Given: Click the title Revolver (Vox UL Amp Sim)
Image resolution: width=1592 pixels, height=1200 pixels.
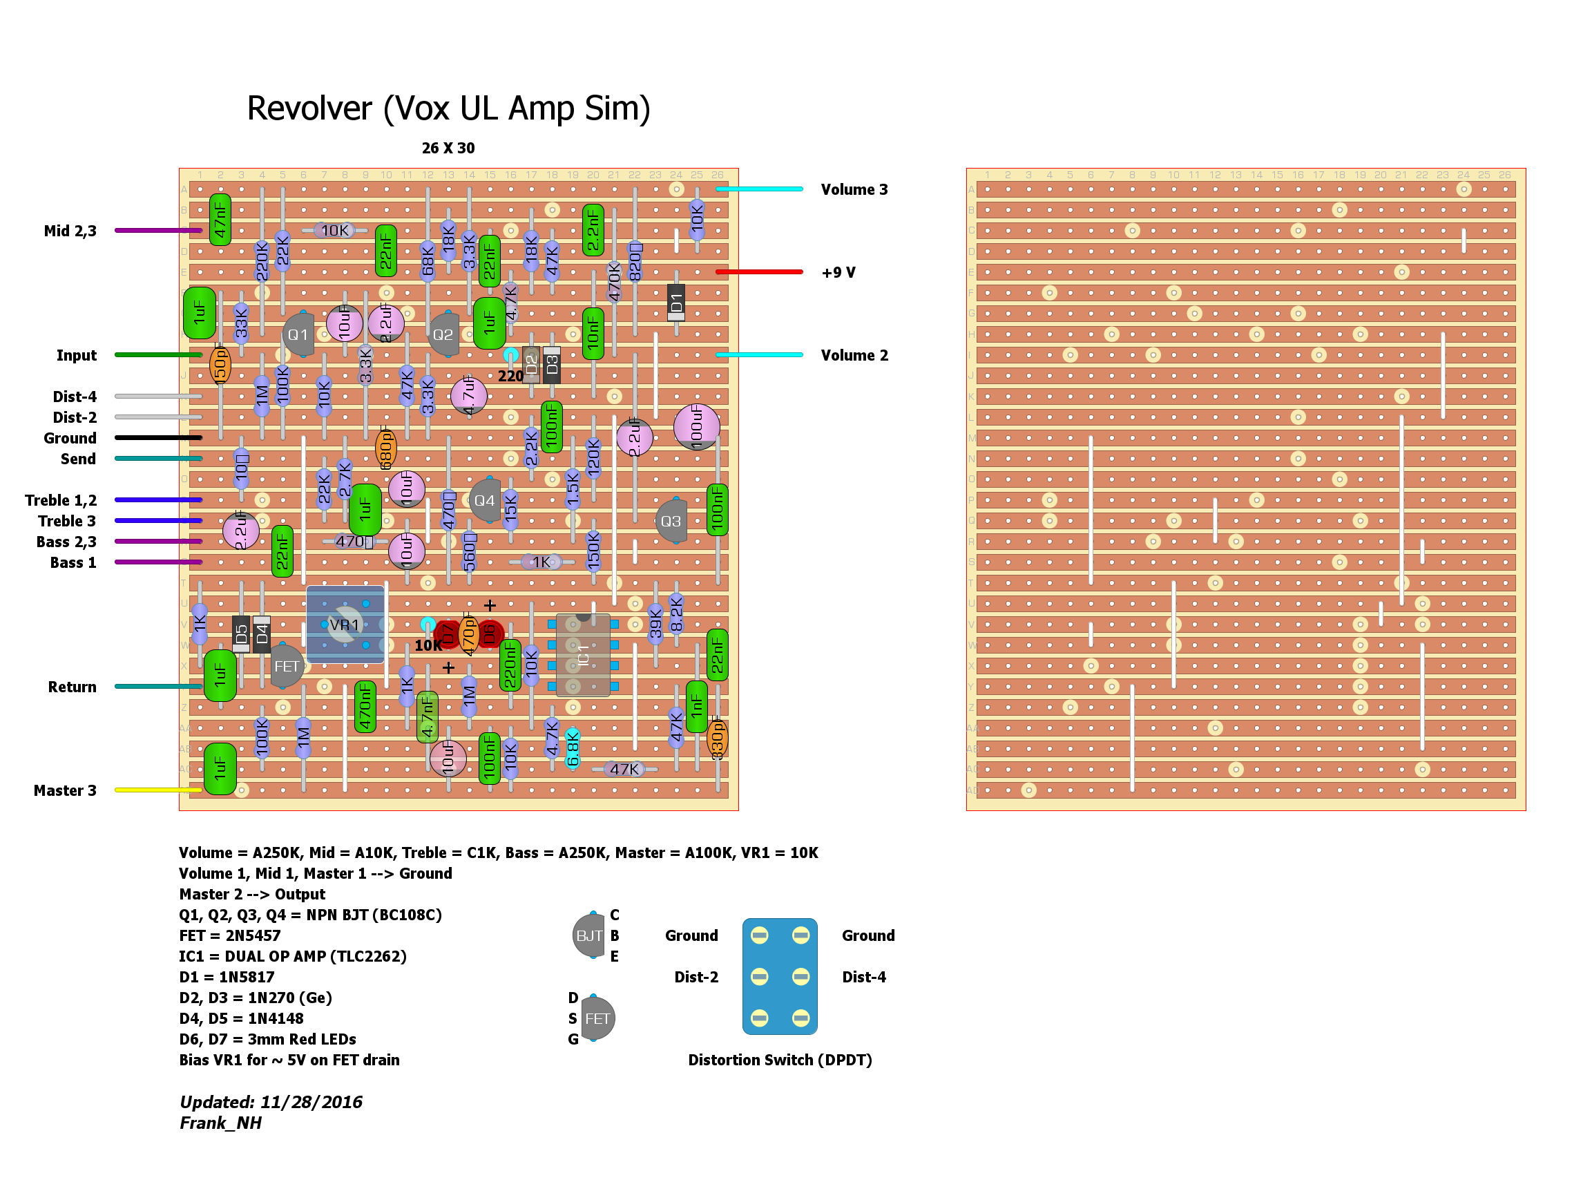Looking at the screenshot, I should (x=448, y=108).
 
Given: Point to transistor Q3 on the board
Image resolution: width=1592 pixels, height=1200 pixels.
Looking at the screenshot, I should (x=671, y=520).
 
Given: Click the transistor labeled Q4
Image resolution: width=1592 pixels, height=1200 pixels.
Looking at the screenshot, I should (x=484, y=500).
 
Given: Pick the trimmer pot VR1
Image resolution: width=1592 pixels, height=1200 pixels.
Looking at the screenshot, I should (x=345, y=624).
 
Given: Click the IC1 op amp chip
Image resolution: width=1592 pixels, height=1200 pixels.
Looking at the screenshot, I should (x=583, y=655).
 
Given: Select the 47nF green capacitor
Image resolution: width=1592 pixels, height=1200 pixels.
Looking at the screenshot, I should (x=220, y=220).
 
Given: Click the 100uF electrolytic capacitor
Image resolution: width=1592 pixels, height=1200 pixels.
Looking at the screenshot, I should (x=696, y=426).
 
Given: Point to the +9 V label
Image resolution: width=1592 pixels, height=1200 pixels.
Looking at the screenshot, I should (x=838, y=273).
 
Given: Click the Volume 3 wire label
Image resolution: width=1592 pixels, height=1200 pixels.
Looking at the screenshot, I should (x=854, y=190).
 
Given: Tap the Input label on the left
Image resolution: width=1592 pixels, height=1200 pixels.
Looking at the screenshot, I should (x=76, y=356).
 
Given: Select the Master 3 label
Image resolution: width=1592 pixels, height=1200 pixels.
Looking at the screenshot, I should (x=65, y=790).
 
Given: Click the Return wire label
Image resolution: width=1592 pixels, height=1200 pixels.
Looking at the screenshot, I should (x=72, y=687).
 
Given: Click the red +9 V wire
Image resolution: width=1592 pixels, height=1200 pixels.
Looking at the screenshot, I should (x=759, y=272).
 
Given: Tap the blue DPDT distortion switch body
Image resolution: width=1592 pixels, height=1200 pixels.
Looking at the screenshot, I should (x=780, y=976).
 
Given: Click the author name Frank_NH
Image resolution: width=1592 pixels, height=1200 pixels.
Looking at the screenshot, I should (x=220, y=1123).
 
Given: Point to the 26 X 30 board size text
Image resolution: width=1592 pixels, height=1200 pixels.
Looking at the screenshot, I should (x=448, y=149).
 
